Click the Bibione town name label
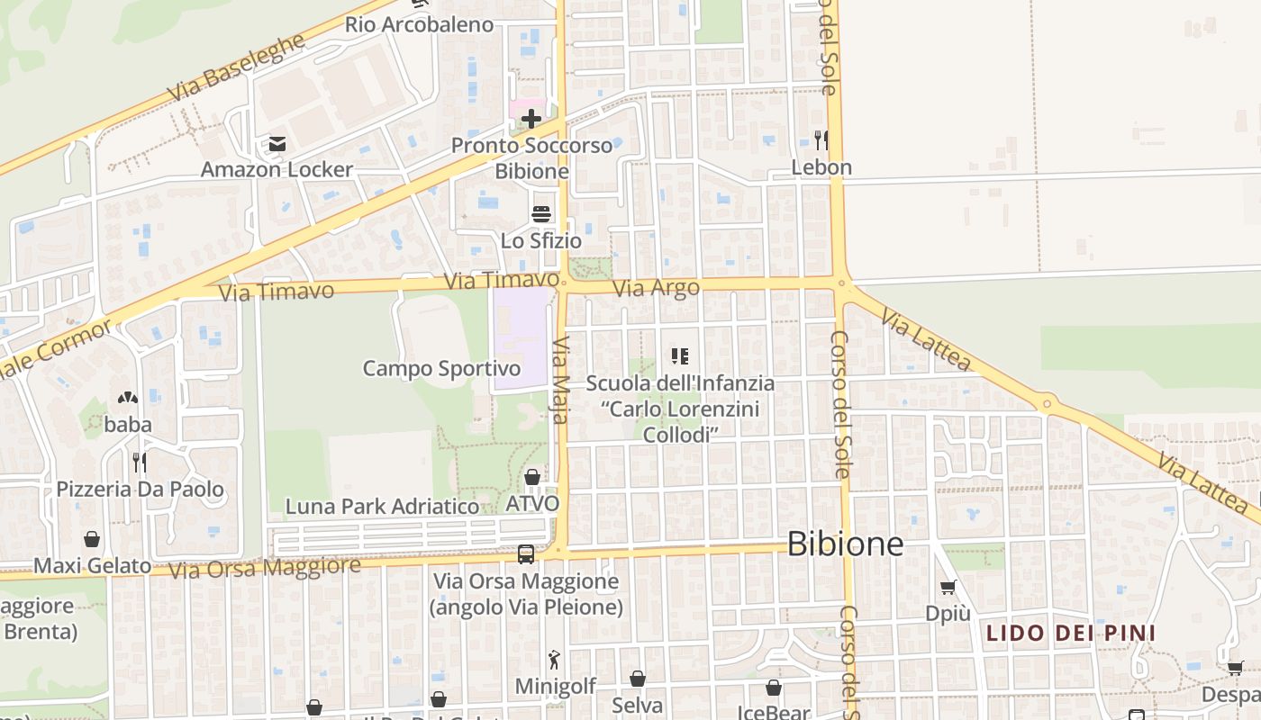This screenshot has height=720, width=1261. click(x=845, y=544)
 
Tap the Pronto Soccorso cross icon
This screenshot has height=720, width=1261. click(x=531, y=119)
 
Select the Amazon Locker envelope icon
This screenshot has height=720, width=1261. click(x=277, y=144)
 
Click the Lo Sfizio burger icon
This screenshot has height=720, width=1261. click(x=541, y=214)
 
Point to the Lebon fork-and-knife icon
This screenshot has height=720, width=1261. click(x=821, y=139)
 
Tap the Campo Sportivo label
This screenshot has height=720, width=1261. click(x=441, y=368)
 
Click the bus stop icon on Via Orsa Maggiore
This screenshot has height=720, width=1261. click(x=526, y=553)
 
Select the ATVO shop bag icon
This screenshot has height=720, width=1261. click(x=532, y=476)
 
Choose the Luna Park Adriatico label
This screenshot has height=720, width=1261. click(x=382, y=507)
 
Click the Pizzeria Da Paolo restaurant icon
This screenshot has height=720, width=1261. click(x=140, y=463)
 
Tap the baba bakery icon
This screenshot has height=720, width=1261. click(x=128, y=397)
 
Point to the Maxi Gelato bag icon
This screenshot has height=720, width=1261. click(x=92, y=539)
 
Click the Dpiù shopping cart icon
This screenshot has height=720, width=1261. click(x=948, y=588)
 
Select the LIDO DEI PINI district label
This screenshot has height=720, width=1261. click(x=1070, y=633)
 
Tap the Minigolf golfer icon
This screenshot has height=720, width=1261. click(x=555, y=660)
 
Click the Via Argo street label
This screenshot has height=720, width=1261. click(x=656, y=289)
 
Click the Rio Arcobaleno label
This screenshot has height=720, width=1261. click(x=419, y=24)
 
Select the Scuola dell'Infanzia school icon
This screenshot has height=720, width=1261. click(x=680, y=356)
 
